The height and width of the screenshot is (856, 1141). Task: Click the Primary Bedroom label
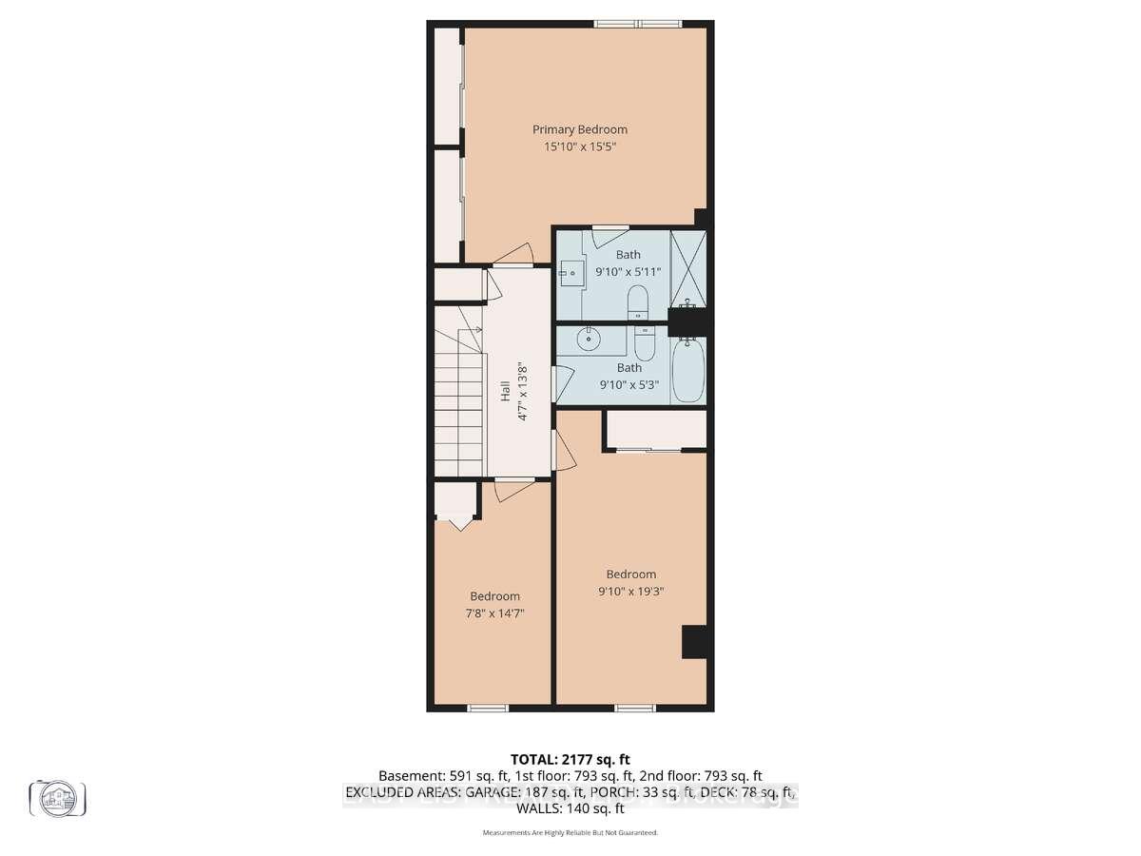click(580, 129)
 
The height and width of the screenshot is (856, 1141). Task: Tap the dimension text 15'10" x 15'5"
click(580, 147)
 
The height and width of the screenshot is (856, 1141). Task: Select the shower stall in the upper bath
click(687, 269)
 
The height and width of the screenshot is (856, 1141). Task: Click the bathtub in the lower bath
click(687, 372)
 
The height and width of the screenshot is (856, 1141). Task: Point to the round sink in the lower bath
click(590, 336)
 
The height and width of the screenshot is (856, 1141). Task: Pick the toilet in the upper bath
click(638, 302)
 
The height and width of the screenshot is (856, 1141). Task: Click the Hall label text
click(505, 392)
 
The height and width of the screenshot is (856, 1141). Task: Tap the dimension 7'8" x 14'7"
click(495, 613)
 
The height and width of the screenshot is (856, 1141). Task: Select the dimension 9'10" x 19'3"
click(631, 592)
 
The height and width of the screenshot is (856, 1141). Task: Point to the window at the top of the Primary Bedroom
click(638, 24)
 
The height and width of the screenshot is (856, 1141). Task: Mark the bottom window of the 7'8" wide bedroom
click(487, 708)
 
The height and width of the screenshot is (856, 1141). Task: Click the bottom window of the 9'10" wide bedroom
click(634, 708)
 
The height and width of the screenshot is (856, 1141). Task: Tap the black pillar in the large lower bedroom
click(695, 642)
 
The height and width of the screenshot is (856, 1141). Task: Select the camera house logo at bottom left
click(58, 797)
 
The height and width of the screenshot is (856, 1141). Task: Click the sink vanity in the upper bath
click(571, 273)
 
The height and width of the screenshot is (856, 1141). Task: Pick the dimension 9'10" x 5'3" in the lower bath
click(629, 385)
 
